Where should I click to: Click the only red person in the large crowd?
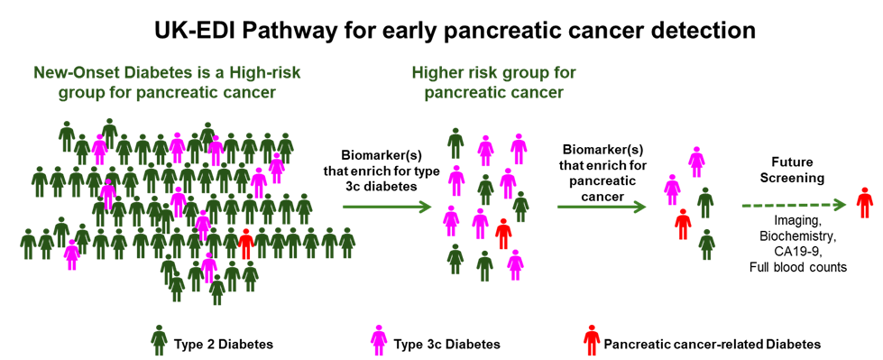pos(246,244)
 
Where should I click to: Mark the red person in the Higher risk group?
pos(503,234)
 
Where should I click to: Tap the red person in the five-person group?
pos(683,224)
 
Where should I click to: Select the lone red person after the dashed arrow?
pos(864,203)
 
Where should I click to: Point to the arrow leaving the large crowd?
pos(387,208)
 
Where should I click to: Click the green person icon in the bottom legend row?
pos(159,340)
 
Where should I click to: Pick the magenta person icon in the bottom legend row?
pos(379,340)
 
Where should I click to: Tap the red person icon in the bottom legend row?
pos(591,340)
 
